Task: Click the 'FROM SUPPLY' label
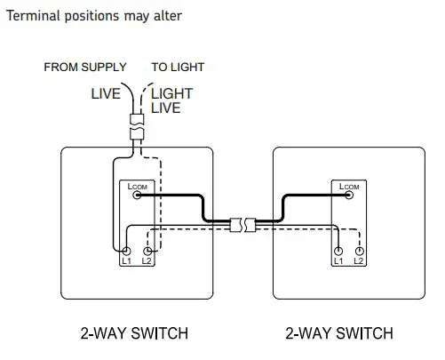pyautogui.click(x=85, y=67)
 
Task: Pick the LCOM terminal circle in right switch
pyautogui.click(x=348, y=196)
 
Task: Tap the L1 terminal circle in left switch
pyautogui.click(x=126, y=252)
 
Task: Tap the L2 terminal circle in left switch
pyautogui.click(x=147, y=252)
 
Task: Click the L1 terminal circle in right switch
pyautogui.click(x=338, y=252)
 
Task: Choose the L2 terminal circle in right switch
pyautogui.click(x=359, y=252)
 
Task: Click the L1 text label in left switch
pyautogui.click(x=126, y=262)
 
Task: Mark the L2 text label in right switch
pyautogui.click(x=359, y=262)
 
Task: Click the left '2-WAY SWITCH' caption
pyautogui.click(x=134, y=334)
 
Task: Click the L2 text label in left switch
pyautogui.click(x=147, y=262)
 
